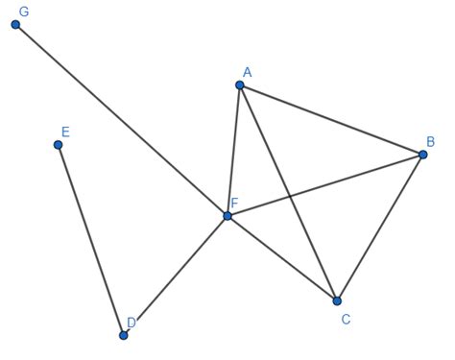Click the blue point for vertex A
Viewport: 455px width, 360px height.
pos(240,85)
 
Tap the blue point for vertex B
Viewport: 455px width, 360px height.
pos(422,155)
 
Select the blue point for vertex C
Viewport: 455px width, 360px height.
pos(337,300)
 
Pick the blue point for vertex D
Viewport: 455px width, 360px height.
pos(124,335)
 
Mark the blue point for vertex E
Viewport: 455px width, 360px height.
pos(59,145)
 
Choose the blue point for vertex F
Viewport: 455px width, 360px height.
pos(227,216)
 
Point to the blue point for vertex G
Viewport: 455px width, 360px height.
pos(16,24)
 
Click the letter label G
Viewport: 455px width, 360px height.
pos(24,11)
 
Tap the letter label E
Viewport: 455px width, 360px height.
pos(65,132)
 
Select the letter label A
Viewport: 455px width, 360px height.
pos(247,72)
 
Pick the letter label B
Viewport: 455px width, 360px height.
pos(430,141)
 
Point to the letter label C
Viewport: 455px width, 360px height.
pos(345,318)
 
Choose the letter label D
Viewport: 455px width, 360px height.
pos(132,323)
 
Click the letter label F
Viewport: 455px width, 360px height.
pos(233,204)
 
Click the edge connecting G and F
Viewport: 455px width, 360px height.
pos(122,120)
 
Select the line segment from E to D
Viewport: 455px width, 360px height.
pos(91,240)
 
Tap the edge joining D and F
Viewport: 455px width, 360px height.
pos(176,276)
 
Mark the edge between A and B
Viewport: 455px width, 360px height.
pos(331,120)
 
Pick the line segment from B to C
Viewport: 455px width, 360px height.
pos(379,228)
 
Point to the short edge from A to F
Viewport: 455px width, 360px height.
pos(233,151)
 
